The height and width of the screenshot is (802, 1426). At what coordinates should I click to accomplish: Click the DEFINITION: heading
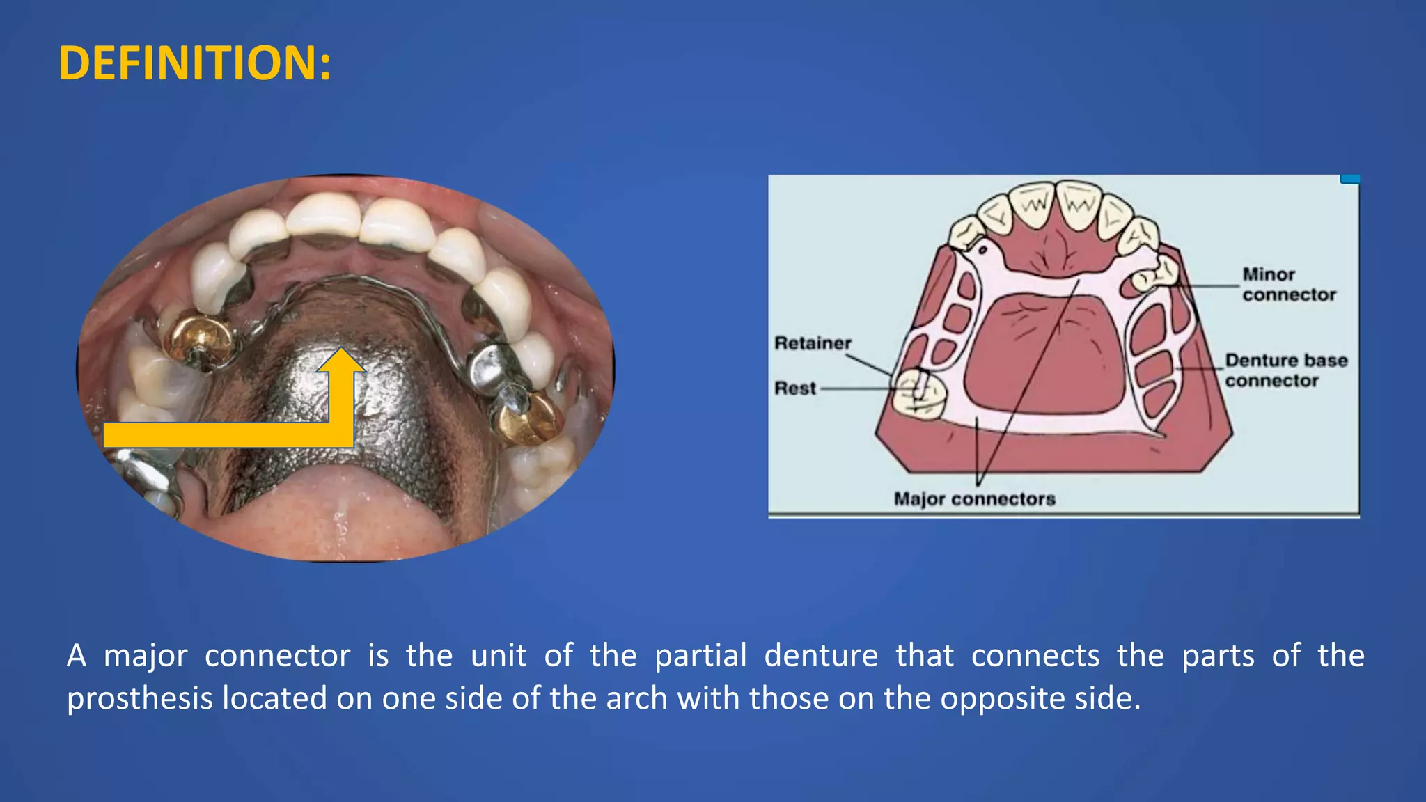(x=195, y=63)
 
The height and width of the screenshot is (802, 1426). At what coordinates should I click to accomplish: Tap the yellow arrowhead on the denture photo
(x=340, y=362)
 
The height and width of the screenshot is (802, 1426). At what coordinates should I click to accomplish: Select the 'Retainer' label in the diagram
(x=813, y=343)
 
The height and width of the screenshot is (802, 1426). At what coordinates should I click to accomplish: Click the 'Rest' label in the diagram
(x=795, y=388)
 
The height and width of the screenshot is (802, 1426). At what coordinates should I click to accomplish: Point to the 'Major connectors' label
(x=974, y=499)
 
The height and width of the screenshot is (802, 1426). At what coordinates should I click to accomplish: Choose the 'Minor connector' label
(x=1289, y=285)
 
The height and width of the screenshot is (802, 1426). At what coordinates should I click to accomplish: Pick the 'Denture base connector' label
(x=1286, y=370)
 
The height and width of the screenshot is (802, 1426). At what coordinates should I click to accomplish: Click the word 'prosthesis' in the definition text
(x=139, y=698)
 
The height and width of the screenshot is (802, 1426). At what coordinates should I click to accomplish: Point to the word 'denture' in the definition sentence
(x=821, y=656)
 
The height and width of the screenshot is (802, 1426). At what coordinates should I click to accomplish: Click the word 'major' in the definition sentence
(x=146, y=656)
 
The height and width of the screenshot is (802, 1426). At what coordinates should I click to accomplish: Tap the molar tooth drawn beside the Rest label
(x=920, y=395)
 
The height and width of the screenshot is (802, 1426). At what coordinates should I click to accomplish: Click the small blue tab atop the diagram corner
(x=1349, y=180)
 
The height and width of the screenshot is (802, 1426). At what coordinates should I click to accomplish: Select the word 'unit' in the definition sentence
(x=499, y=656)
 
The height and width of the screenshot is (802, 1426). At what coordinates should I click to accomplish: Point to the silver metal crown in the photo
(x=491, y=362)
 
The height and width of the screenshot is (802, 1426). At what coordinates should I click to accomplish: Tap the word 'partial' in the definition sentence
(x=700, y=656)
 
